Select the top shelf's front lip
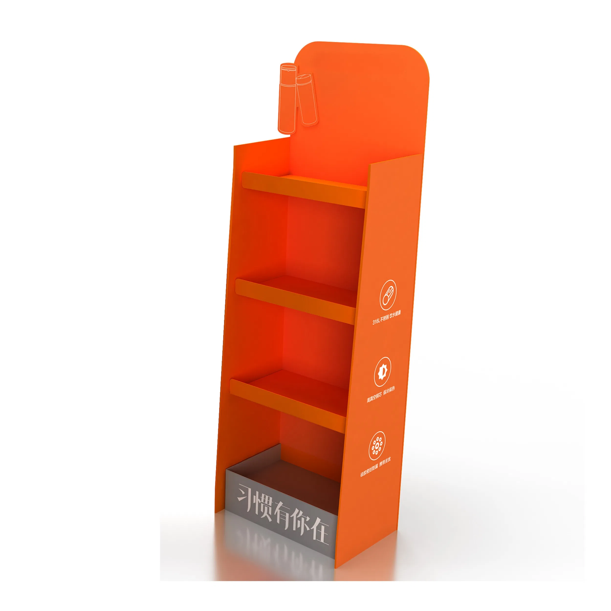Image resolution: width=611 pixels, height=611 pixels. point(304,189)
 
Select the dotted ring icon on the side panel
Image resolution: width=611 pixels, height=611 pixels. point(377,446)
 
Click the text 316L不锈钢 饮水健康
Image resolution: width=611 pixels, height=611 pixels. point(386,317)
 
